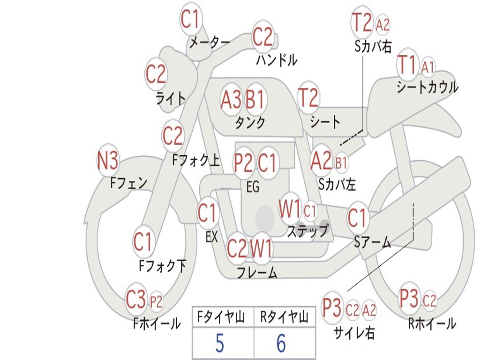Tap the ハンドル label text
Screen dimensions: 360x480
point(277,60)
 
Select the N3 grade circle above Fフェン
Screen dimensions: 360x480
point(107,162)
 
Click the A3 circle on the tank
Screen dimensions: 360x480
point(231,99)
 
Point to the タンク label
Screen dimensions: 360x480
point(250,122)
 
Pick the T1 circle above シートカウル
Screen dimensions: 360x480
point(407,65)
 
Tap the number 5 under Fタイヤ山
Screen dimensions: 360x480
point(219,344)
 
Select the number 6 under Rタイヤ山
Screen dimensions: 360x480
point(281,344)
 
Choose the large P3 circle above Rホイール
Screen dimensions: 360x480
point(409,298)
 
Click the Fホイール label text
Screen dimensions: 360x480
point(157,323)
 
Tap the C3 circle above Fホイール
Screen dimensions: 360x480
point(136,300)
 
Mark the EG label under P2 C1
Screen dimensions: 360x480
point(253,187)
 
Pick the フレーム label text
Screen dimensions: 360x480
point(256,272)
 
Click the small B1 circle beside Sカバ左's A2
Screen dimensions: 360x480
point(341,162)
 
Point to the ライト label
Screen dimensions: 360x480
point(171,98)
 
